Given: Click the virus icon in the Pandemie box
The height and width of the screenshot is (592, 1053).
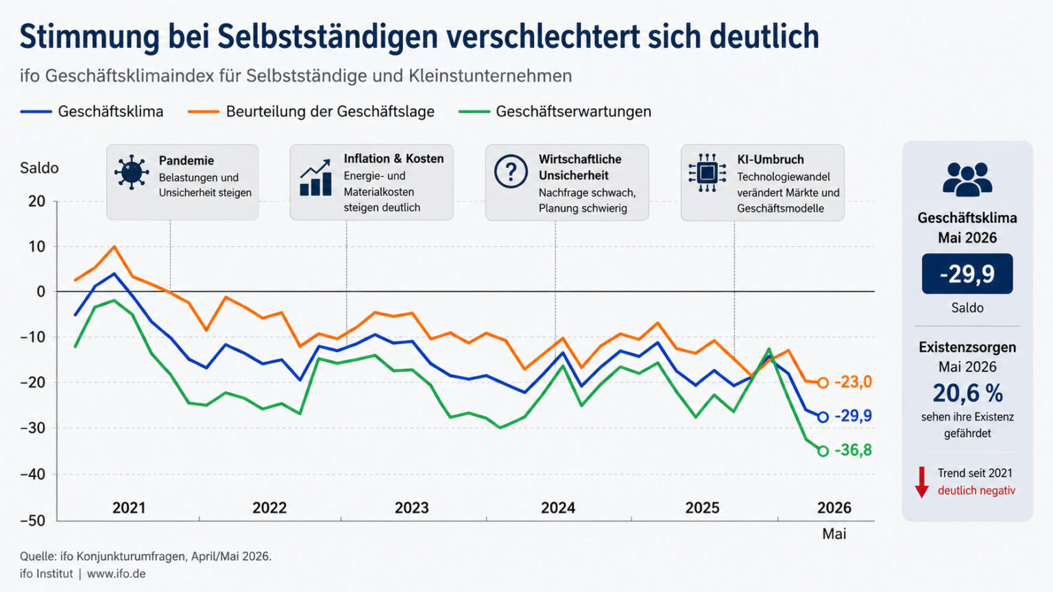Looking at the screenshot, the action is point(131,173).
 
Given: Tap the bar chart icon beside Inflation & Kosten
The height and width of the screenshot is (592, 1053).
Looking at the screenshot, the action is point(315,178).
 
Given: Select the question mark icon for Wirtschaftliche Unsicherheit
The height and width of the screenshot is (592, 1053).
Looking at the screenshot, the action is point(511,171).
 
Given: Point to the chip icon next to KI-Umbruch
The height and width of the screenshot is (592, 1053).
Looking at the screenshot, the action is point(707,173).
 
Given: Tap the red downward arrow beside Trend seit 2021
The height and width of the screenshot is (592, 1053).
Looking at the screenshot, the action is point(922,482).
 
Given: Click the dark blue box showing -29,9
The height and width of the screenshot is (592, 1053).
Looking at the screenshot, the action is point(967,274).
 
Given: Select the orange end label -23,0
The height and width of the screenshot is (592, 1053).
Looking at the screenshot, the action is point(854,382).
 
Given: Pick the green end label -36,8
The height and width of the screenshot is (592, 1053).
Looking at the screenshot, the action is point(854,450).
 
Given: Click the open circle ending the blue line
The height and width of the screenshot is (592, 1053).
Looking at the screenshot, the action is point(823,417).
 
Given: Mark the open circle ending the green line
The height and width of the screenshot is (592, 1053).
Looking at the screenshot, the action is point(823,452).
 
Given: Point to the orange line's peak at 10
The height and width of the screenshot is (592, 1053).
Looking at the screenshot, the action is point(114,247).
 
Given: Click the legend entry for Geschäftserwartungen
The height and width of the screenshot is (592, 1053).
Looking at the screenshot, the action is point(555,112).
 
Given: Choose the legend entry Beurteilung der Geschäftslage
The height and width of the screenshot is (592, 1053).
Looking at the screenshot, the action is point(311,112).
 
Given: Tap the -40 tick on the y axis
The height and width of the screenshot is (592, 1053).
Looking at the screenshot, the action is point(32,474).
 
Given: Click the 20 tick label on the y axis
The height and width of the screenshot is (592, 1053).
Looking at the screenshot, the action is point(36,201).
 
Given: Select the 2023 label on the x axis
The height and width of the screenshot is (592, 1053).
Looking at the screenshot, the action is point(412,508).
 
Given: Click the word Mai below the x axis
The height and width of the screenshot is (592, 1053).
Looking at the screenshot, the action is point(834,534).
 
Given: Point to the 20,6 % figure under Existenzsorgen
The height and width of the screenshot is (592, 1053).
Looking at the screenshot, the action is point(967,394).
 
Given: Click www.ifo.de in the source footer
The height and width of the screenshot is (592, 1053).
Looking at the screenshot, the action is point(116,573).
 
